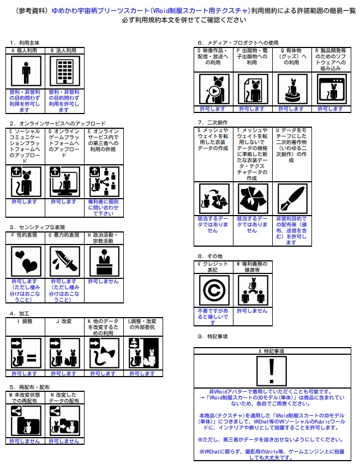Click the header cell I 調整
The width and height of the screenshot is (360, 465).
point(26,321)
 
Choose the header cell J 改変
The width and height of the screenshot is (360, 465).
point(65,321)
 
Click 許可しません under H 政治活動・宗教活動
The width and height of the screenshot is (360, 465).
point(104,282)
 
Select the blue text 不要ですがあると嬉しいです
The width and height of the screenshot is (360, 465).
point(213,313)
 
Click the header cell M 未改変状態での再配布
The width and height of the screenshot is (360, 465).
point(26,397)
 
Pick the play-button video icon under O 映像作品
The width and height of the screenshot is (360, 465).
point(213,88)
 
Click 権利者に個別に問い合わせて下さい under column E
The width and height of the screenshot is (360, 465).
point(104,207)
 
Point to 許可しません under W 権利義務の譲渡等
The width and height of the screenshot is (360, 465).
point(253,311)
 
